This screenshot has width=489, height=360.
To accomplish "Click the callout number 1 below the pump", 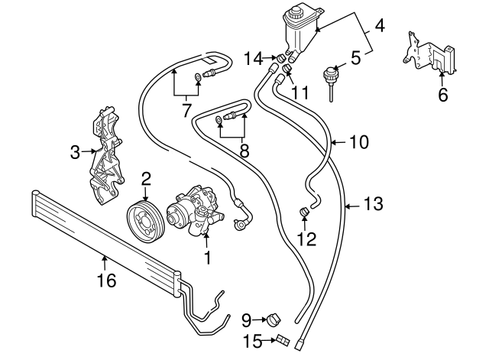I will point(206,258).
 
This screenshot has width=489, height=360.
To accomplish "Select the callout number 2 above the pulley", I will point(146,179).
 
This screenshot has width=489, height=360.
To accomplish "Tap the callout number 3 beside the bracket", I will point(75,152).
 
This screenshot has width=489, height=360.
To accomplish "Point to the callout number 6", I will point(441,96).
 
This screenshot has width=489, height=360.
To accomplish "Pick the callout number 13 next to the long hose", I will point(373,204).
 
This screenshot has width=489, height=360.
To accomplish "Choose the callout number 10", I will point(358,141).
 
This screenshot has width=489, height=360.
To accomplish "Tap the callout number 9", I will point(247,319).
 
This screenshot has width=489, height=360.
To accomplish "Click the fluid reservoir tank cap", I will point(294,13).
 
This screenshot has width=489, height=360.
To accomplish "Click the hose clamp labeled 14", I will point(280,58).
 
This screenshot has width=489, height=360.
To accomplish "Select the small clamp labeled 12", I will point(303,211).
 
